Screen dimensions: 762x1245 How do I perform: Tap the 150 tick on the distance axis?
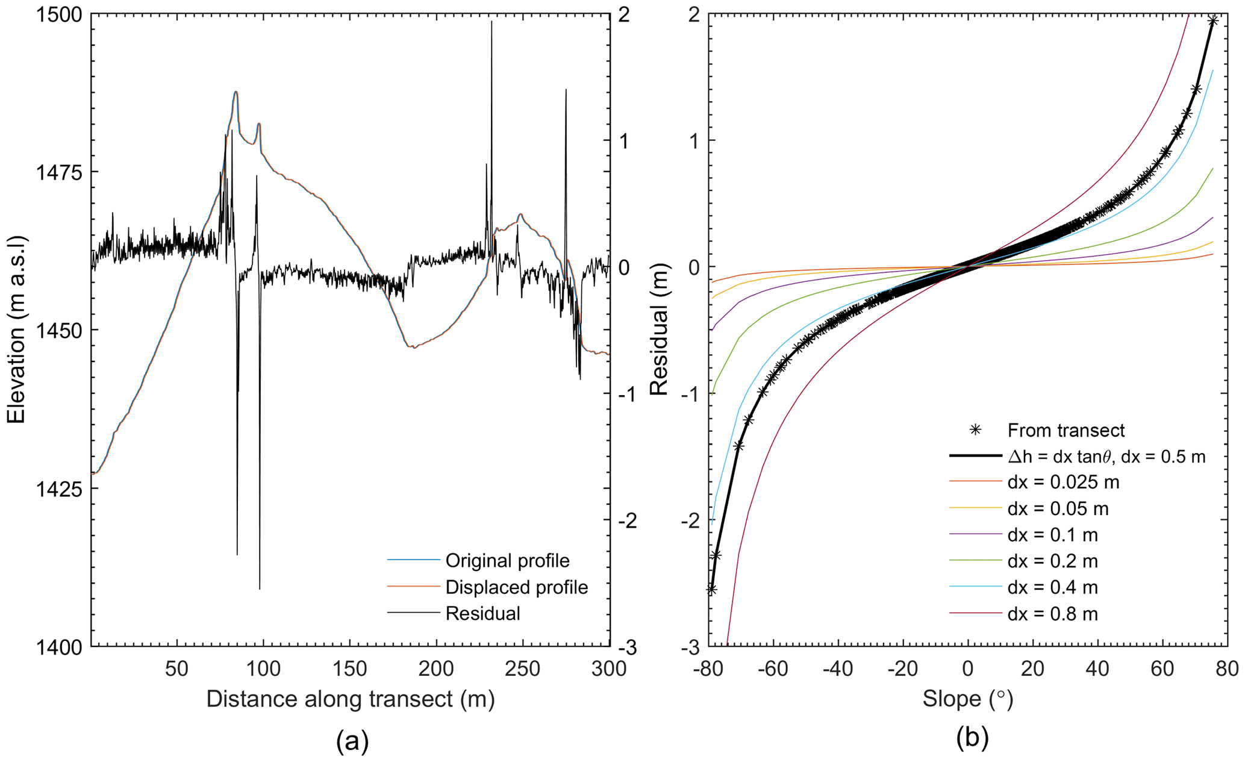coord(349,669)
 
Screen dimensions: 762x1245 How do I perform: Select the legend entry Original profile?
coord(507,561)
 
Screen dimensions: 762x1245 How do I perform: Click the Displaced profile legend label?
coord(516,587)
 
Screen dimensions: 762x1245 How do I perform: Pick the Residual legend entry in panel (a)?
coord(482,614)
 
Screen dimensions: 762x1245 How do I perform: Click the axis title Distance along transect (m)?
coord(350,699)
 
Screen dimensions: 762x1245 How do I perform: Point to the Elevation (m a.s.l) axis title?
coord(16,329)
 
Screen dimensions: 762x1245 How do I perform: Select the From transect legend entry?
coord(1066,431)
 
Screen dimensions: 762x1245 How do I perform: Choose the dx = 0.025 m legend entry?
coord(1063,482)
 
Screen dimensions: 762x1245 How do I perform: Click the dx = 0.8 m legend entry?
coord(1052,614)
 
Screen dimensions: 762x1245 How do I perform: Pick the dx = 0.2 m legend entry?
coord(1052,561)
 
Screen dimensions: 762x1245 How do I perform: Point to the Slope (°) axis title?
coord(968,699)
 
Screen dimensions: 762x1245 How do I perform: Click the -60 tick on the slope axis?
coord(774,669)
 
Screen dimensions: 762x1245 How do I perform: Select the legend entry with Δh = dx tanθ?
coord(1106,457)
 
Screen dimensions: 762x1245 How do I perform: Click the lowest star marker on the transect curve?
coord(711,590)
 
